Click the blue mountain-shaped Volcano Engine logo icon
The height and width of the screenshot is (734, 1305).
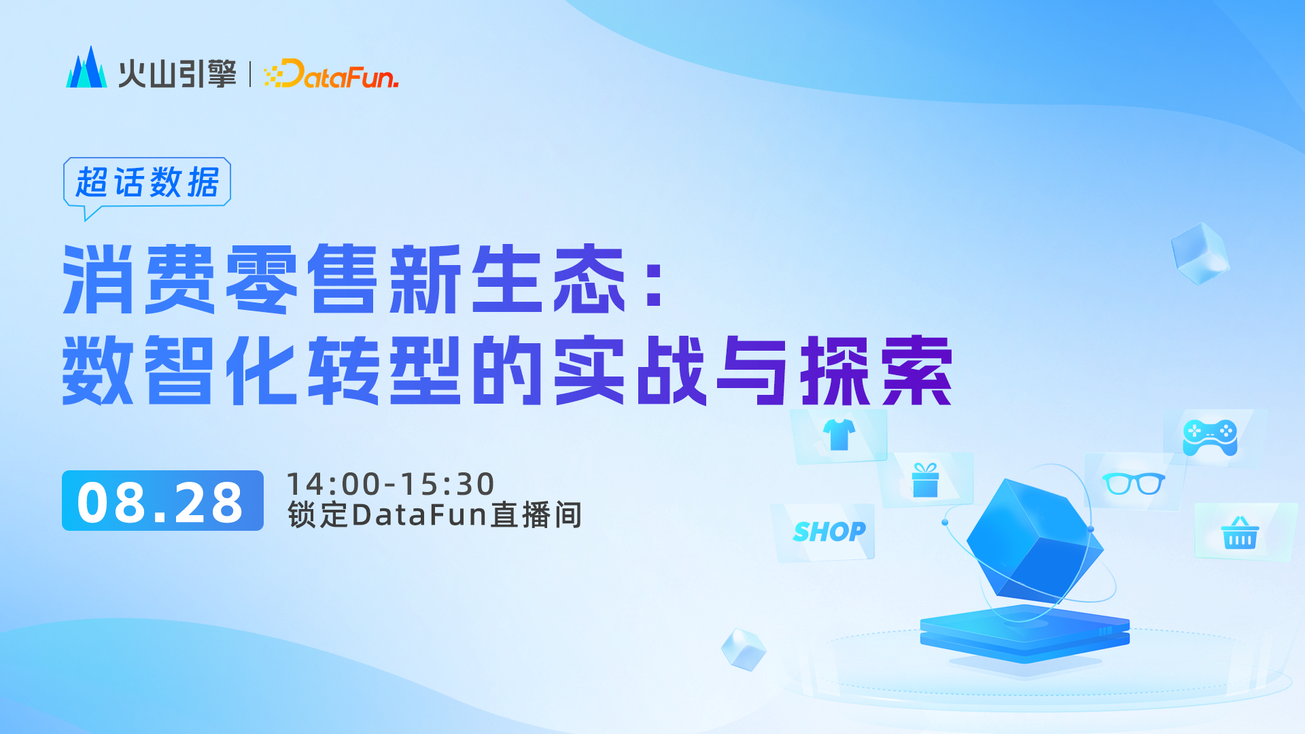[x=86, y=69]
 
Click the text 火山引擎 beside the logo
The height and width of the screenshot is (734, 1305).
[x=177, y=74]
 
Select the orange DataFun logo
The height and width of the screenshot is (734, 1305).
[x=332, y=74]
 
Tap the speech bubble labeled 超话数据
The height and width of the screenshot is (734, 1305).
[x=147, y=182]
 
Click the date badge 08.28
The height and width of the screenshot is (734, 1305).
[x=162, y=501]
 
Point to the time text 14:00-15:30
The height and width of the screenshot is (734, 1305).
[x=390, y=485]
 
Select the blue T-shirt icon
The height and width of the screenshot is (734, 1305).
[x=839, y=435]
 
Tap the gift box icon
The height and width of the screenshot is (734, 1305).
[x=925, y=480]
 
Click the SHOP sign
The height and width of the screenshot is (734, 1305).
[x=829, y=531]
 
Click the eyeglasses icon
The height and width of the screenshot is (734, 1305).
[x=1133, y=484]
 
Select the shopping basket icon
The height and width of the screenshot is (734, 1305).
[x=1240, y=534]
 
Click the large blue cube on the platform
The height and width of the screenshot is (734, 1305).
[x=1033, y=540]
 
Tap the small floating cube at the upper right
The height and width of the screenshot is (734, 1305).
[x=1200, y=253]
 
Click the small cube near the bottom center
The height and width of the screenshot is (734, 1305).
[x=744, y=649]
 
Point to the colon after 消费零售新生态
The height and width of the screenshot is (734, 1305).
[x=654, y=286]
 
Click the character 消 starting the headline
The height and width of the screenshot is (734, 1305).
[x=98, y=280]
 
